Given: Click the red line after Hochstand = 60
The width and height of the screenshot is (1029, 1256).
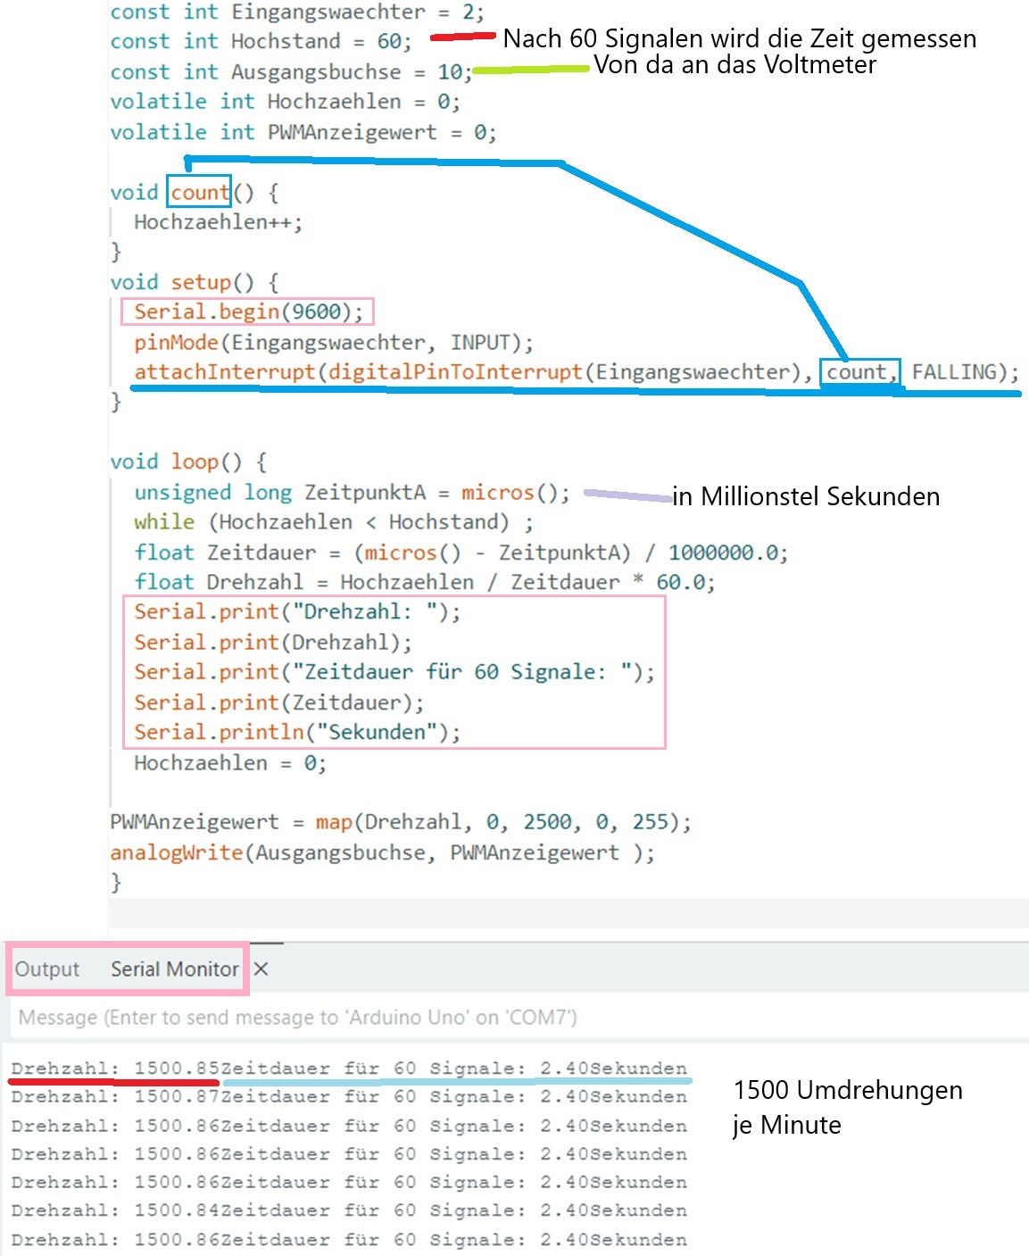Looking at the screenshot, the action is (462, 37).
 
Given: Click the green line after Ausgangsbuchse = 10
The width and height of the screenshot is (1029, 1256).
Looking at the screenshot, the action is (531, 70).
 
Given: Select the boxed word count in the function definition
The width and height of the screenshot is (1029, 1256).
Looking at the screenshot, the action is (200, 192).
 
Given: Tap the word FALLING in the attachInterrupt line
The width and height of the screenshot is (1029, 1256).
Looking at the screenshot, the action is (954, 371).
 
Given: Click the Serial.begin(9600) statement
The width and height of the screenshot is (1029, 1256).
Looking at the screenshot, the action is (248, 312).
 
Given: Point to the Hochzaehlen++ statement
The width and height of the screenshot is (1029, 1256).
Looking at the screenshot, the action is (218, 222).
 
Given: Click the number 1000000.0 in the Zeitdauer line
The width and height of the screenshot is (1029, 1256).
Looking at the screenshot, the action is (722, 553).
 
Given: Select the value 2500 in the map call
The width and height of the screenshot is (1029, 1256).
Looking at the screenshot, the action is (547, 822).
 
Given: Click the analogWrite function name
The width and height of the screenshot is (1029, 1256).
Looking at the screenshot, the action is (177, 853).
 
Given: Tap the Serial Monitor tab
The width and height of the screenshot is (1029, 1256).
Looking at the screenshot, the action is (175, 969).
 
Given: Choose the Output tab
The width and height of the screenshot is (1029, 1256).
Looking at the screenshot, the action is (47, 969).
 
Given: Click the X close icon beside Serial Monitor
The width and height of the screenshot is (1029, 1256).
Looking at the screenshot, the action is (261, 969).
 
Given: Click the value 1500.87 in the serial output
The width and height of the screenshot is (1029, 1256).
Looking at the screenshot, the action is (177, 1096).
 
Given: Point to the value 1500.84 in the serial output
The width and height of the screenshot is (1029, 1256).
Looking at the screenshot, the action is (177, 1210).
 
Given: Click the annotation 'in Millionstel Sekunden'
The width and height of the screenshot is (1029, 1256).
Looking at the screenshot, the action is (806, 496).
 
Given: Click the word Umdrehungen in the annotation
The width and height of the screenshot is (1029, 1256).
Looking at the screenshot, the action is (880, 1090).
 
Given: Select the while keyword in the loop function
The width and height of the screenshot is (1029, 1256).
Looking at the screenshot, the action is (164, 522).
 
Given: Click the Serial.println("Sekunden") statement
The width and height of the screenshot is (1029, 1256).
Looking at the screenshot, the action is (297, 732).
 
